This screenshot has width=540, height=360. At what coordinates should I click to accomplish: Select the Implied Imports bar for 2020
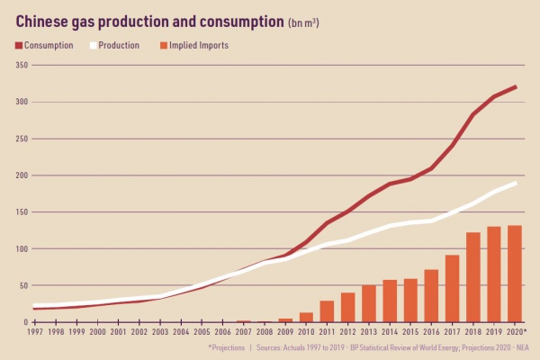[515, 274]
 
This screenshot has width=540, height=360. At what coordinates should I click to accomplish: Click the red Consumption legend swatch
[19, 45]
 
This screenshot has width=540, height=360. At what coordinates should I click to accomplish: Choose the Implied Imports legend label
[199, 45]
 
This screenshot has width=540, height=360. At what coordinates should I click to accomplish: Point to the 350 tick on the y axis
[24, 65]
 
